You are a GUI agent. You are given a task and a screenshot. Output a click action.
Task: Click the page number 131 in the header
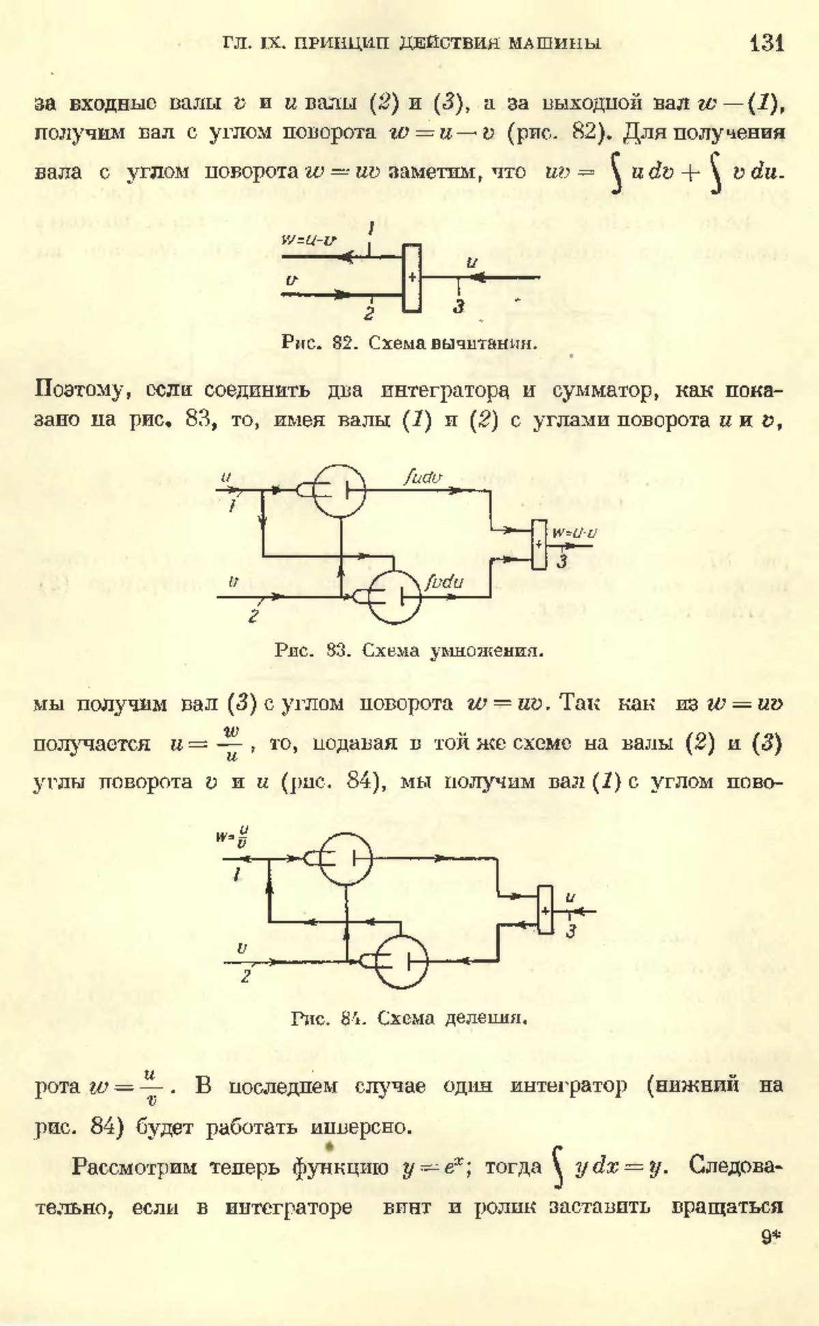(x=766, y=43)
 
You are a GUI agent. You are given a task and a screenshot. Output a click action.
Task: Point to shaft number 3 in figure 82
(x=459, y=307)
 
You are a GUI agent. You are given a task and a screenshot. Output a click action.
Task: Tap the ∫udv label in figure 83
(x=422, y=477)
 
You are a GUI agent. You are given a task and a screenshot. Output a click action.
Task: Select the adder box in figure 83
(x=539, y=544)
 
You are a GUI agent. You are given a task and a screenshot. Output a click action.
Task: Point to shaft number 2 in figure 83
(x=253, y=617)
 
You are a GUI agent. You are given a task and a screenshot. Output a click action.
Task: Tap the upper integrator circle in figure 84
(x=346, y=858)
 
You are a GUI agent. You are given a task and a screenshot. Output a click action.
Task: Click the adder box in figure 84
(x=545, y=909)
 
